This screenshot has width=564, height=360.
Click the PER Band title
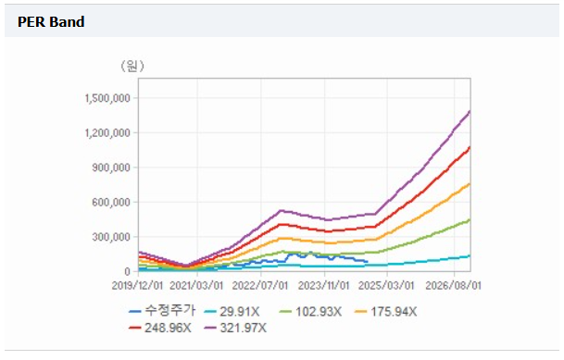point(51,22)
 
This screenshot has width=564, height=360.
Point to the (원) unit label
point(132,66)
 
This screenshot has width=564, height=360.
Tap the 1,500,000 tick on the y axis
point(107,98)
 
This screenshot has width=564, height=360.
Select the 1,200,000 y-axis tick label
point(107,133)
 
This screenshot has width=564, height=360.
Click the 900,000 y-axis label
point(111,168)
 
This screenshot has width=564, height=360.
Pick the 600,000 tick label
point(111,203)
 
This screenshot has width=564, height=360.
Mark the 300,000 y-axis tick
point(111,237)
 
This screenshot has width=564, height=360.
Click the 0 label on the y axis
point(127,272)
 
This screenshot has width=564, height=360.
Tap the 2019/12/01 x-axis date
point(137,286)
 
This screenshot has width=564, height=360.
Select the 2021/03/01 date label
point(196,286)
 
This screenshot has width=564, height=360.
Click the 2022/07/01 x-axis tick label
point(260,286)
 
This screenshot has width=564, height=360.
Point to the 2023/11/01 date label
point(324,286)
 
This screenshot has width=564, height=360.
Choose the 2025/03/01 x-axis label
point(386,286)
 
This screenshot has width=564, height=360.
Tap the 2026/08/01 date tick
point(453,286)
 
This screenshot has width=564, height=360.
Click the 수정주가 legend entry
point(163,311)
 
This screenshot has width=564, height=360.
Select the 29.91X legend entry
point(232,312)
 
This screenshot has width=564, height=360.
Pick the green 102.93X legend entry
point(311,312)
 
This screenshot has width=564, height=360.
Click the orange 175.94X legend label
point(386,312)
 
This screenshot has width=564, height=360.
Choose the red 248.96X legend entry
point(160,328)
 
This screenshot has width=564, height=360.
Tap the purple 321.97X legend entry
point(235,328)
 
